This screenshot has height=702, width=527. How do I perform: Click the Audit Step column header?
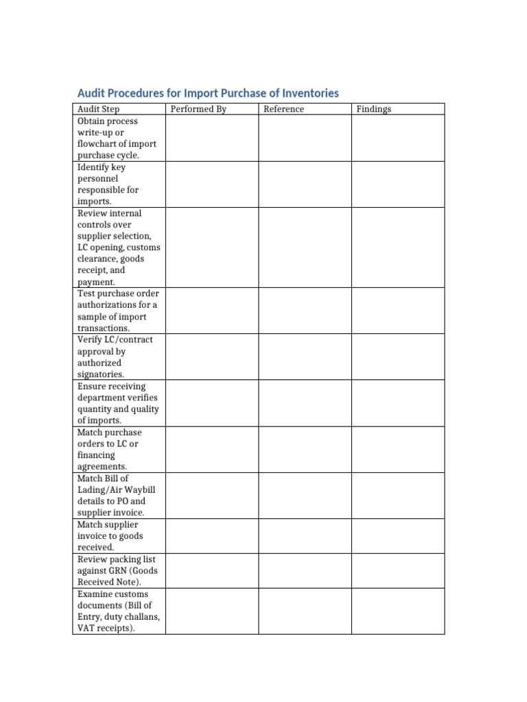[x=98, y=109]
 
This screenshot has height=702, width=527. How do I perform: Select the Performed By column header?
[x=198, y=109]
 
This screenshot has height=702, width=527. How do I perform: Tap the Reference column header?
[x=283, y=109]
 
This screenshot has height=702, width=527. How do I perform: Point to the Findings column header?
[x=373, y=109]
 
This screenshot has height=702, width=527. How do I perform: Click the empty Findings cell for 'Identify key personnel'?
[x=398, y=184]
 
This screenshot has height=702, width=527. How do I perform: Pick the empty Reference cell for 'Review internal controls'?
[x=305, y=247]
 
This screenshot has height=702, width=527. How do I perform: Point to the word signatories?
[x=101, y=374]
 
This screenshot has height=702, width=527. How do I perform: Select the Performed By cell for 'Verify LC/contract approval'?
[x=211, y=357]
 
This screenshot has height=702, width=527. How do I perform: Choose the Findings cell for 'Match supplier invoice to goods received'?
[x=398, y=536]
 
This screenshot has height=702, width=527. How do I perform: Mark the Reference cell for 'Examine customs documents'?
[x=305, y=611]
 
